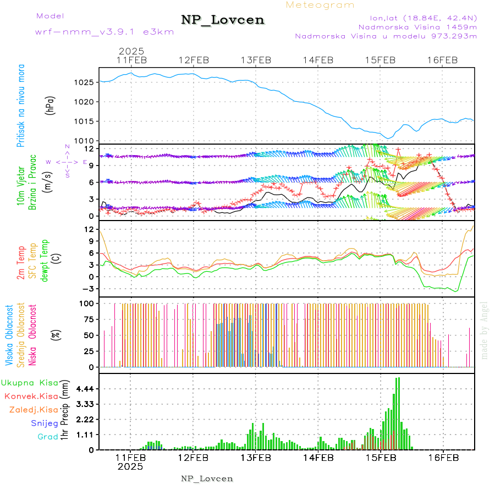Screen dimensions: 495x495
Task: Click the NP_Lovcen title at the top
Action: (x=223, y=20)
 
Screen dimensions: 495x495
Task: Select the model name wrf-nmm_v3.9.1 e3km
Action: (x=105, y=31)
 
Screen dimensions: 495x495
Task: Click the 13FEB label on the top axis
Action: (x=256, y=60)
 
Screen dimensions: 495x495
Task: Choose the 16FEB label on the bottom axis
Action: (x=443, y=458)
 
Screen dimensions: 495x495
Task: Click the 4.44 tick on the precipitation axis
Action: (x=85, y=389)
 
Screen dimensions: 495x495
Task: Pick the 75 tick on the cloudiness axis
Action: (x=88, y=318)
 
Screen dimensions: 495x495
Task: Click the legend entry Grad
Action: (x=47, y=437)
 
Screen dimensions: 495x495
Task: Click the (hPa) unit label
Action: (x=50, y=105)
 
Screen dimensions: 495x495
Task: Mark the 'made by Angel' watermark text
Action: (x=484, y=330)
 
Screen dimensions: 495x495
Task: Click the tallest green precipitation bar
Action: (x=398, y=413)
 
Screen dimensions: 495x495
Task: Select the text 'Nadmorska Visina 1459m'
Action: (x=417, y=26)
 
